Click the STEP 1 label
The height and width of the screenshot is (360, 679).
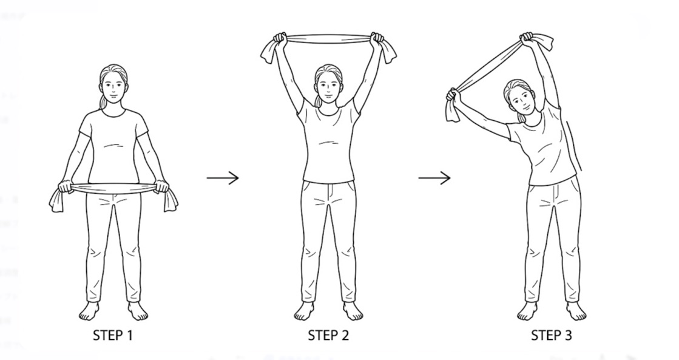(113, 335)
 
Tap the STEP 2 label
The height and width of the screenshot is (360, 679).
(328, 335)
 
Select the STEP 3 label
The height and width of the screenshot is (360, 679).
(551, 335)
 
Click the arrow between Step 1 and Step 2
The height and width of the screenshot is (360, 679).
(223, 178)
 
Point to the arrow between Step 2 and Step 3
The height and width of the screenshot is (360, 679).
(434, 178)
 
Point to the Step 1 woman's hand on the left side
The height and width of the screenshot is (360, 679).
(66, 186)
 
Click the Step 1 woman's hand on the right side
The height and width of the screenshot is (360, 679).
(161, 186)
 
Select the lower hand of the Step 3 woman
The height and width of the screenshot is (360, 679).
(453, 95)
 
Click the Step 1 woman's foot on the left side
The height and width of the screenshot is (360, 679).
(89, 311)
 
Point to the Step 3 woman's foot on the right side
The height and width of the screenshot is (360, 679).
(576, 311)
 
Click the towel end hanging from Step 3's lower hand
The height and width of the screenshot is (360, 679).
(453, 111)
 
